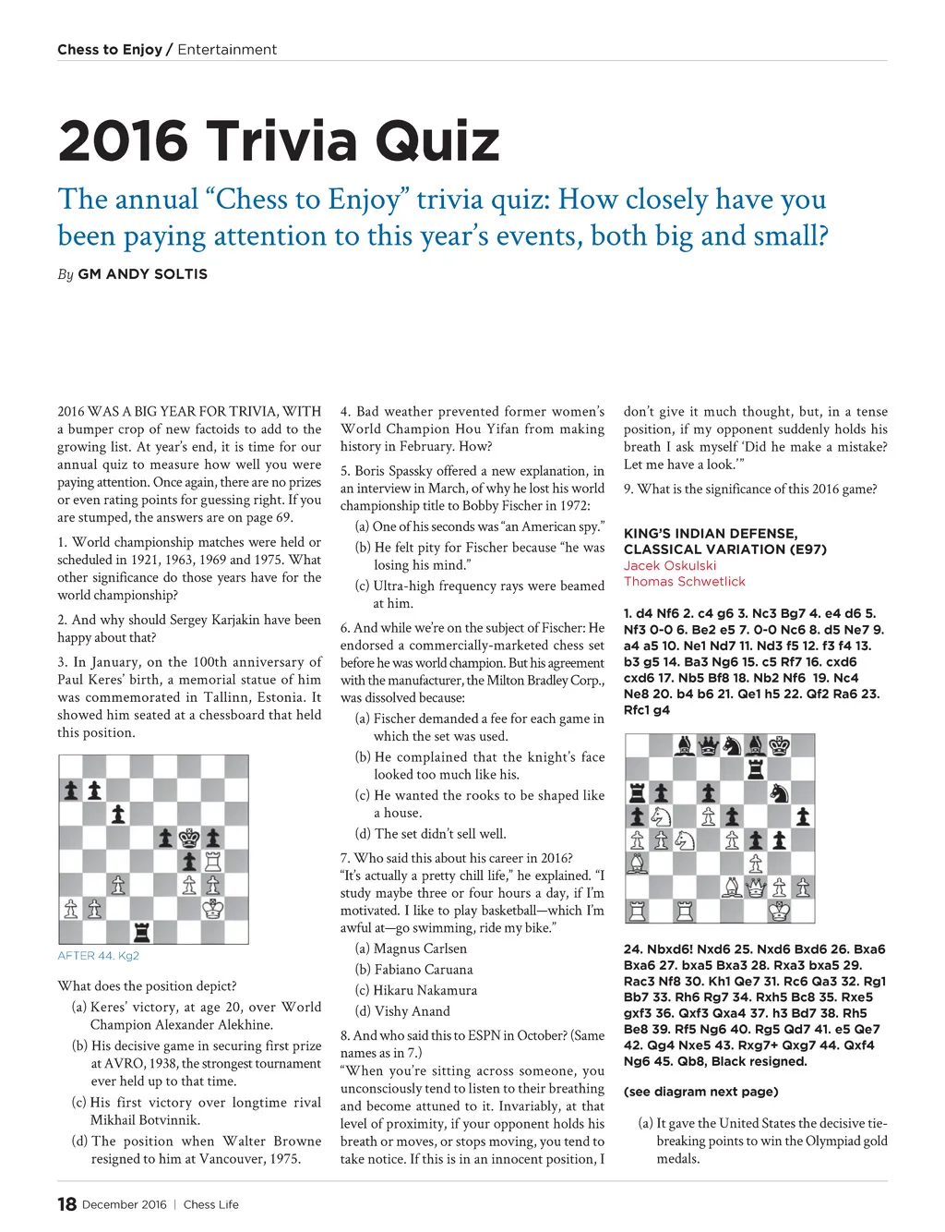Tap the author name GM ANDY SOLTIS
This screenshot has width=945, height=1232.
[142, 274]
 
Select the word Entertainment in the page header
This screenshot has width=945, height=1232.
[227, 50]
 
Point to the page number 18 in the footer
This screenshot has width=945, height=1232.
[66, 1204]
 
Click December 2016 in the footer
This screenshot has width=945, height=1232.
[125, 1204]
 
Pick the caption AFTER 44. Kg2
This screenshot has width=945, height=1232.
[98, 956]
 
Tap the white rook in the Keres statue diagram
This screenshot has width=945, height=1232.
[213, 862]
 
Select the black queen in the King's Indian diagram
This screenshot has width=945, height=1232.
[708, 745]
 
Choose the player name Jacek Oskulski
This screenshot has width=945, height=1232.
[669, 565]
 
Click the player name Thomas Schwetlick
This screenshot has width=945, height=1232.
[684, 582]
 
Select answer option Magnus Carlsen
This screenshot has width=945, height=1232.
[420, 948]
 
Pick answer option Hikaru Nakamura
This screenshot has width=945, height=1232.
[425, 990]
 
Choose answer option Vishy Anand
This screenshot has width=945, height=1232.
[412, 1011]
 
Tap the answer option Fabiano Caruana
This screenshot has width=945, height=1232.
[423, 970]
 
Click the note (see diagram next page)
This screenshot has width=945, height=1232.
[700, 1092]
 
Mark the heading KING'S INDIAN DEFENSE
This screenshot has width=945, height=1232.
[710, 534]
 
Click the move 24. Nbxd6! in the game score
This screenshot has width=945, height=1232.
[658, 949]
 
